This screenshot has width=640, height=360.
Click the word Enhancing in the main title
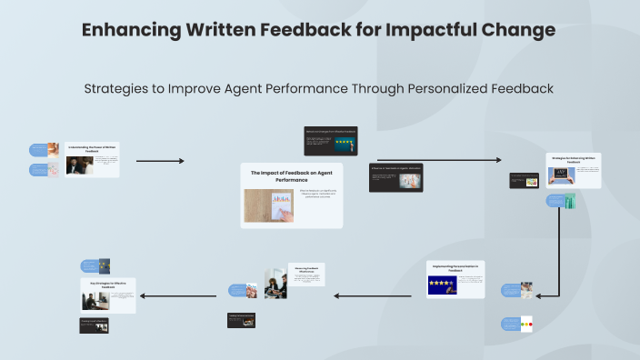129,30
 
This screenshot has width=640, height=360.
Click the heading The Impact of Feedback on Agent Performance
290,176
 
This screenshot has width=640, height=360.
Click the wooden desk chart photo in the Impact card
269,206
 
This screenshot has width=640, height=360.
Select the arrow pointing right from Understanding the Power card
160,161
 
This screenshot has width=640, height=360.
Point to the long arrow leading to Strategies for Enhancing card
438,160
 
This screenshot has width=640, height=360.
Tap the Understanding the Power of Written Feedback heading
93,147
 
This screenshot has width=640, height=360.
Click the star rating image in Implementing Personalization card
443,285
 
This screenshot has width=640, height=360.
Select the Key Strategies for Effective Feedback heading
108,285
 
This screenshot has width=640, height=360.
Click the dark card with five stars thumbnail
330,141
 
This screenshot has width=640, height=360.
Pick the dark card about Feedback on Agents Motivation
395,177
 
